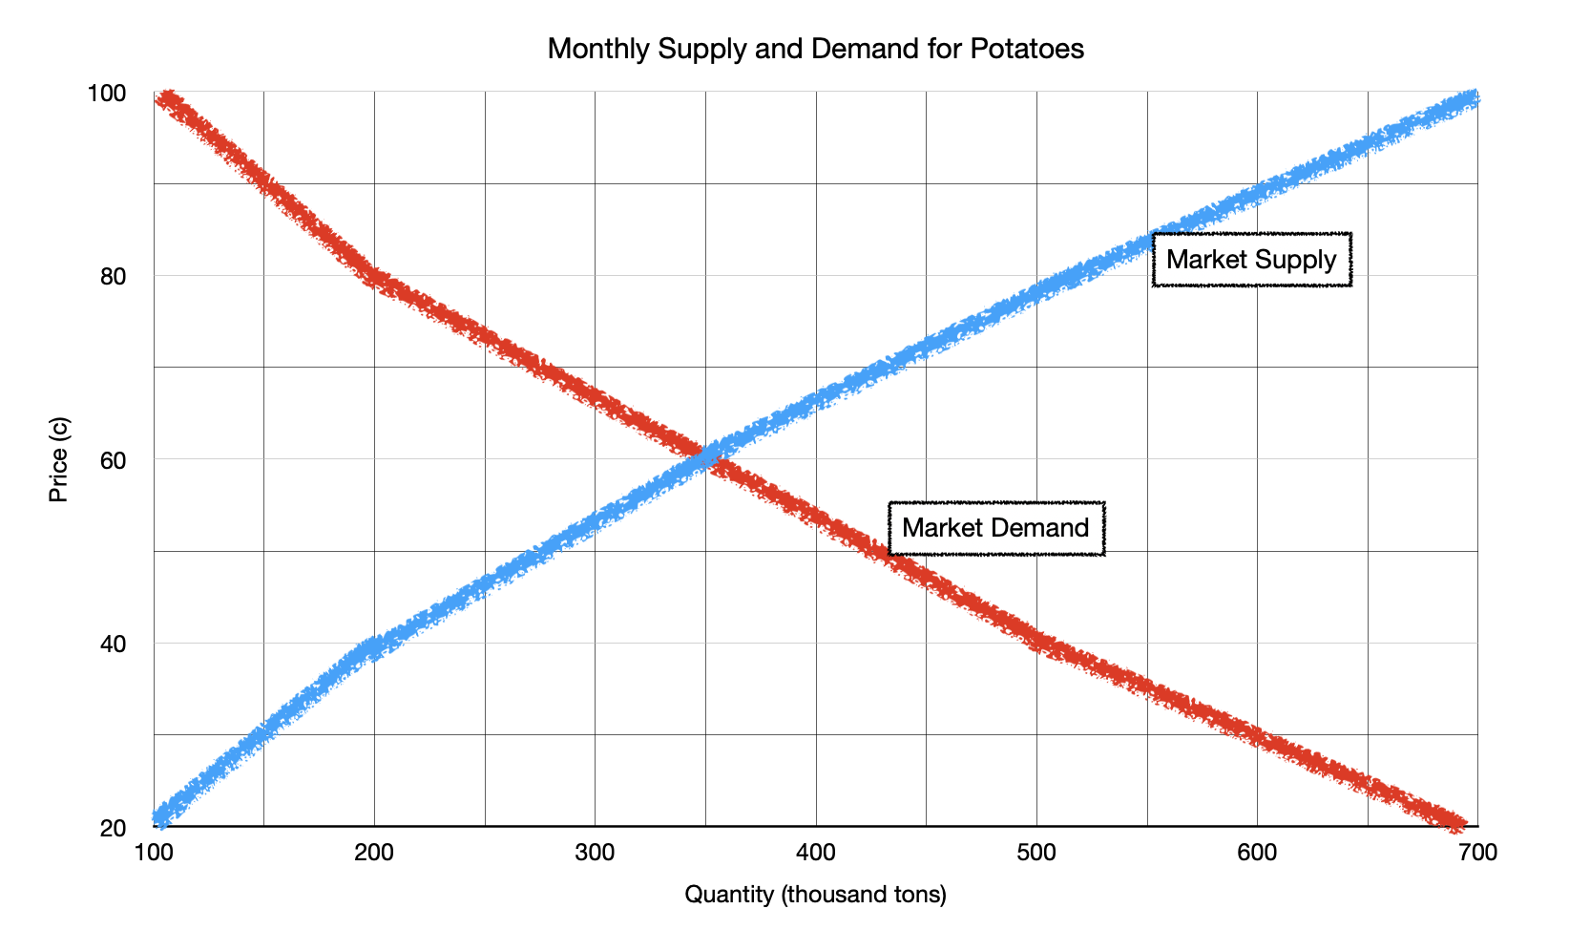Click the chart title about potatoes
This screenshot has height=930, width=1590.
point(815,49)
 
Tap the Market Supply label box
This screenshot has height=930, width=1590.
point(1251,260)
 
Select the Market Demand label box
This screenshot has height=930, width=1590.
point(995,528)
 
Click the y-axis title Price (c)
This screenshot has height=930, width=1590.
point(59,459)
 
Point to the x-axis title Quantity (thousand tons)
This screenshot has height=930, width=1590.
point(815,895)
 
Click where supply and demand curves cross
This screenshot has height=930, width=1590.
point(706,458)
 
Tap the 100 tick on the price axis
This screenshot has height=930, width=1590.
point(107,93)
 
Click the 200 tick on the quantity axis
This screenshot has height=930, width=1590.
point(374,853)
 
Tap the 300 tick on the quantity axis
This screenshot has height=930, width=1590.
point(595,853)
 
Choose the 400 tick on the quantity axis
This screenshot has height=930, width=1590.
point(816,853)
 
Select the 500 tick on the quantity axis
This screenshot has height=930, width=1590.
point(1036,853)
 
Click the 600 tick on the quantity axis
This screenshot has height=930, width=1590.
point(1257,853)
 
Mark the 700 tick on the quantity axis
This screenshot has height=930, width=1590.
point(1477,853)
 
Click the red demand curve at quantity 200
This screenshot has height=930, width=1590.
point(374,277)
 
